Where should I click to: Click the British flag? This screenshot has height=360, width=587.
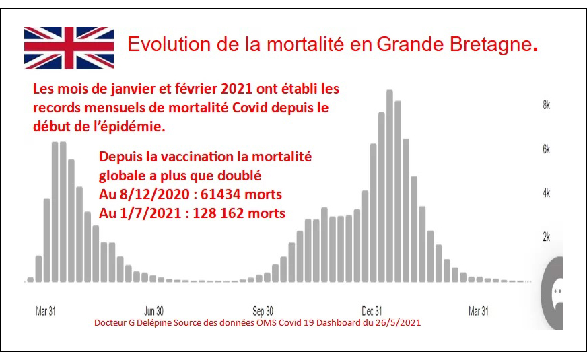(69, 48)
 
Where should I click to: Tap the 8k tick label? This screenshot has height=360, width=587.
(547, 105)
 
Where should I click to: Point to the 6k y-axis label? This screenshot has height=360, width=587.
(547, 149)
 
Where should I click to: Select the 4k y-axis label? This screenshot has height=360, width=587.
(547, 193)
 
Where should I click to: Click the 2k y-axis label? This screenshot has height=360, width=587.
(547, 237)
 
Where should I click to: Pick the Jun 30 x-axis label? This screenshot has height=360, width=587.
(154, 311)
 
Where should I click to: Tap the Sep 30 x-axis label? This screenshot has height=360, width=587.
(263, 311)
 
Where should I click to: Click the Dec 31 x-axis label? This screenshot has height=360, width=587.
(372, 311)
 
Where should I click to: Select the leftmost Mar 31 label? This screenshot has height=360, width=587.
(46, 311)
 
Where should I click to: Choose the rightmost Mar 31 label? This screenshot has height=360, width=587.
(479, 311)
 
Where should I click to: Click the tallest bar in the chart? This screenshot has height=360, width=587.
(390, 186)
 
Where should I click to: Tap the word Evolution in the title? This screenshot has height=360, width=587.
(169, 44)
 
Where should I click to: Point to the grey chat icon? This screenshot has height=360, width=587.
(553, 293)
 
